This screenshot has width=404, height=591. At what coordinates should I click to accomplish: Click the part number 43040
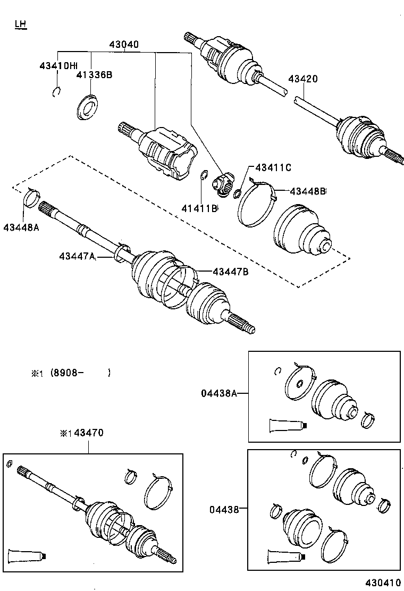124,45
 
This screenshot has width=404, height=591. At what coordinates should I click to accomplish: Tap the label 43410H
58,66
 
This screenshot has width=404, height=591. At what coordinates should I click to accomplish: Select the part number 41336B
94,75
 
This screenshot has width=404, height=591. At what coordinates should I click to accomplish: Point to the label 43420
303,79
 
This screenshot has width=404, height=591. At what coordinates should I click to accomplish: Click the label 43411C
273,167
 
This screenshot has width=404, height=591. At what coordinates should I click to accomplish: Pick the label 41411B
200,208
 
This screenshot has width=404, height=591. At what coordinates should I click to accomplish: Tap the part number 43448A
21,227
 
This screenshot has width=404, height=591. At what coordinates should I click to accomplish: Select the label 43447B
231,272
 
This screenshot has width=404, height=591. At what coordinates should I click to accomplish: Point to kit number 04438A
218,393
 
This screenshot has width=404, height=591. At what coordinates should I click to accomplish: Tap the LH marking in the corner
20,24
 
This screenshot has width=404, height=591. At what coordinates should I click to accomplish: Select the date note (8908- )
80,373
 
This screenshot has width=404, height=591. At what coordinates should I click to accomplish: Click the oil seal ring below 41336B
86,106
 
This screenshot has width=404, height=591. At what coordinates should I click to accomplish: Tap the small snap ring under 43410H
57,92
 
